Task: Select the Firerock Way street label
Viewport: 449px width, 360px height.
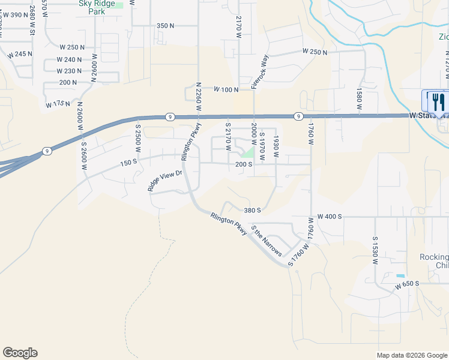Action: [259, 72]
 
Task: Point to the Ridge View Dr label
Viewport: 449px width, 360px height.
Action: [164, 181]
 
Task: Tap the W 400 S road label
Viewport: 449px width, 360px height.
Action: [330, 216]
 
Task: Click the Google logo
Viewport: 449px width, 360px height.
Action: [20, 353]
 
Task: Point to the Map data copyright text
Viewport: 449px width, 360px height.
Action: [412, 355]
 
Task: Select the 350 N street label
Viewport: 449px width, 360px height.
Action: [165, 26]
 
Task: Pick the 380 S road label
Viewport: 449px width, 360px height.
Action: [252, 211]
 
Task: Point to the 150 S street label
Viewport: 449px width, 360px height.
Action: [128, 163]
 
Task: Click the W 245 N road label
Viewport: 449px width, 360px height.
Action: [20, 55]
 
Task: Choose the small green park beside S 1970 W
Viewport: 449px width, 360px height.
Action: [247, 153]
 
